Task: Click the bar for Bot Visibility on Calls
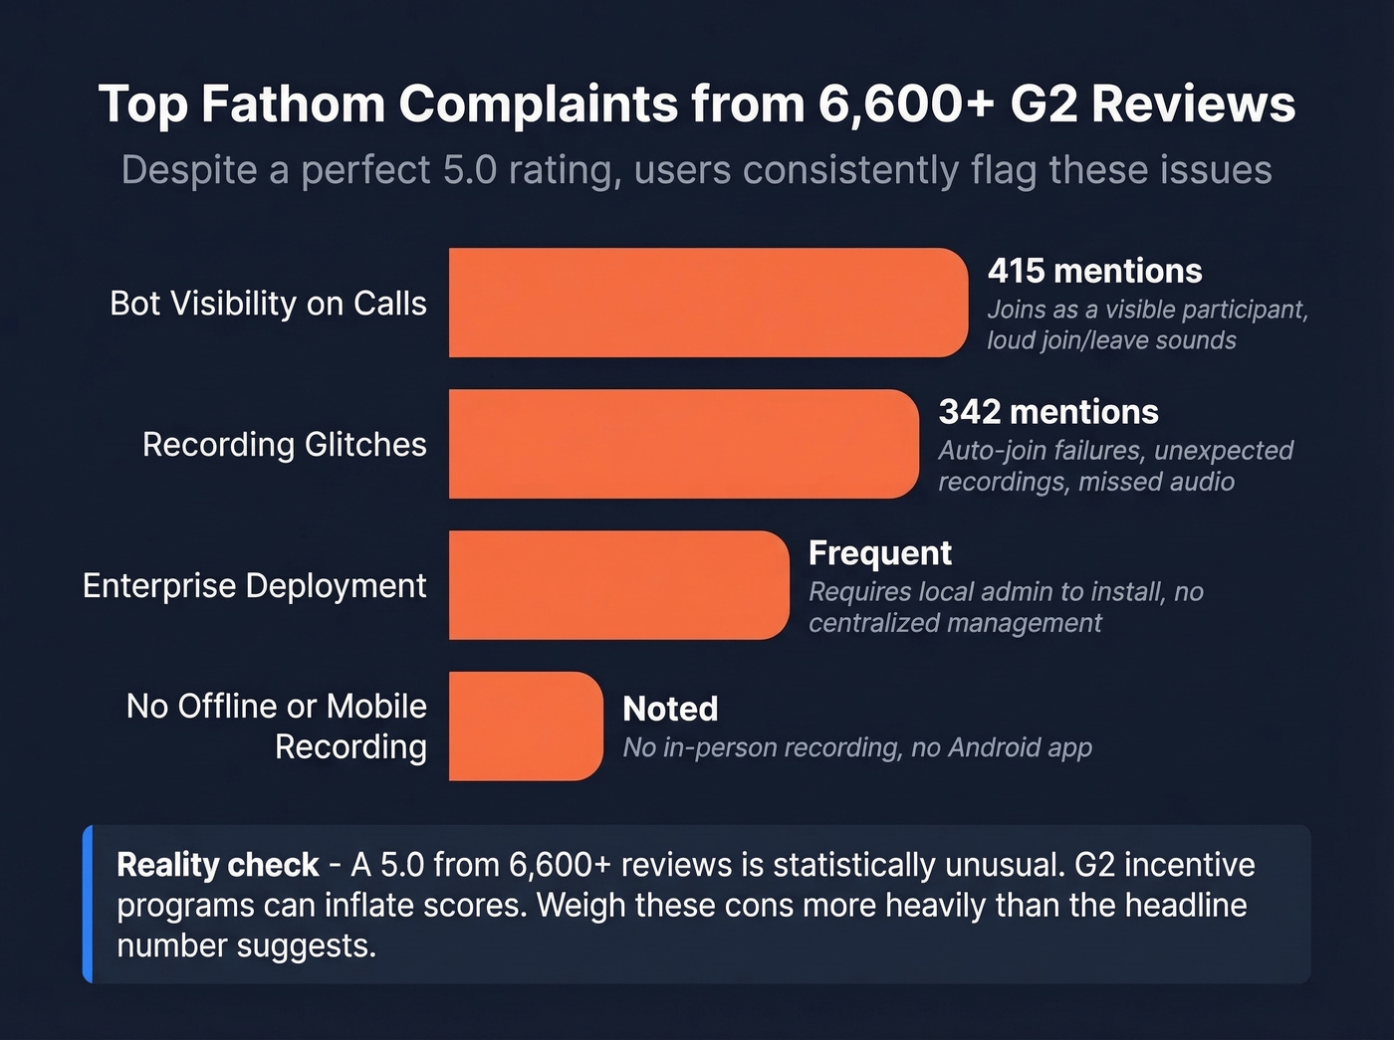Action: click(x=707, y=303)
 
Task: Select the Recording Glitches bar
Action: click(x=683, y=444)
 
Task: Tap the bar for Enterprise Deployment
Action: click(x=617, y=585)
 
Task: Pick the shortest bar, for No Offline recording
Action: click(x=525, y=727)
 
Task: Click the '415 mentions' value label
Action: click(x=1094, y=271)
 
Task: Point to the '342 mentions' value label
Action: click(x=1048, y=412)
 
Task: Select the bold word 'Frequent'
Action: click(x=880, y=552)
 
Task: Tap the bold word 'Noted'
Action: click(x=670, y=709)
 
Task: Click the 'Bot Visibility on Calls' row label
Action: click(x=268, y=304)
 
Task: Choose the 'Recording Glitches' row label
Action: click(x=284, y=445)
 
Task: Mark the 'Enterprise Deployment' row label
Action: click(x=254, y=586)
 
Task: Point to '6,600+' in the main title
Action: click(x=906, y=104)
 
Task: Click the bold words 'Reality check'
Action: click(x=217, y=865)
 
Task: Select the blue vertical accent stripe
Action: click(x=88, y=904)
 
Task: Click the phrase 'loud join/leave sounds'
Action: click(x=1111, y=340)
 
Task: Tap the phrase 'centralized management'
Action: click(x=955, y=623)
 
